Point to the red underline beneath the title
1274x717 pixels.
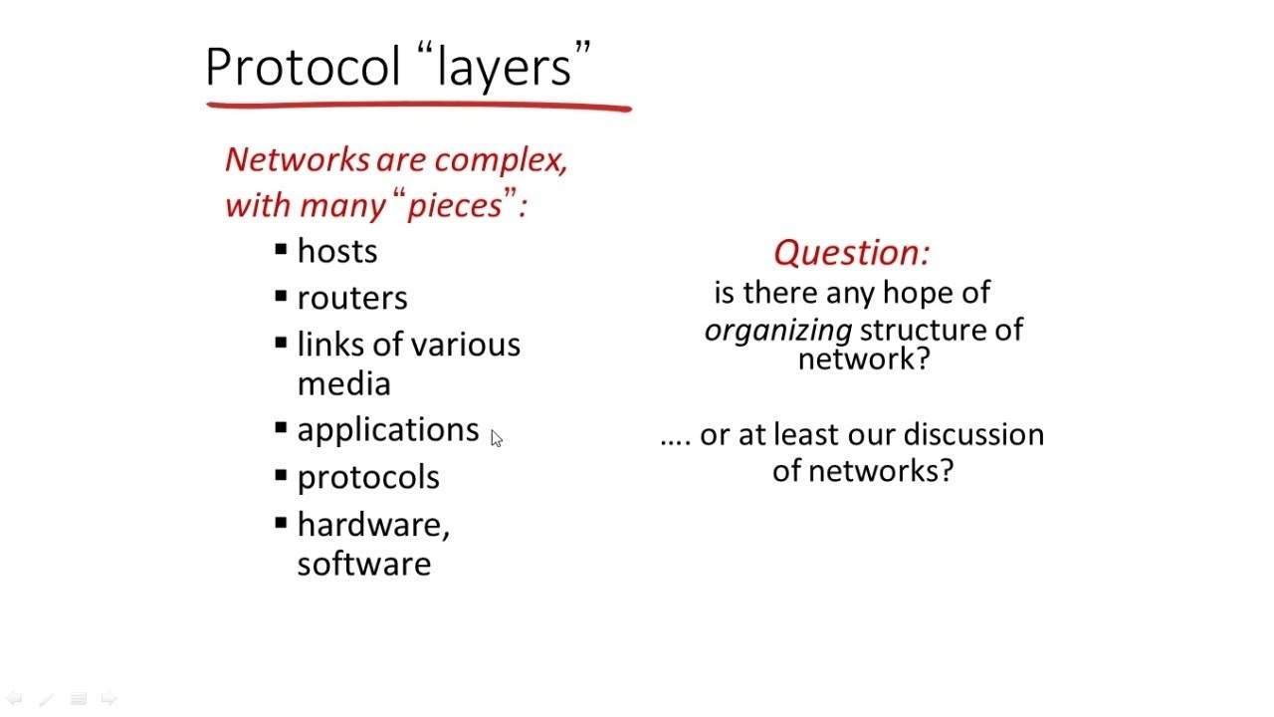click(x=418, y=104)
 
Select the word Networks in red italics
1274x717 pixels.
click(x=297, y=159)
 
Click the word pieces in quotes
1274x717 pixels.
click(x=455, y=205)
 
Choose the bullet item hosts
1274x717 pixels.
click(x=337, y=251)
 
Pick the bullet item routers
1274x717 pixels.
click(x=352, y=298)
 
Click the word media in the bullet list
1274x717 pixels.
click(x=343, y=383)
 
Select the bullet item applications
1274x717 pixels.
click(x=388, y=429)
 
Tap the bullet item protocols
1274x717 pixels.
click(x=368, y=477)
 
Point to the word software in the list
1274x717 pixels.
click(x=364, y=564)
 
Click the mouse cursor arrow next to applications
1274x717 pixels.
click(x=496, y=438)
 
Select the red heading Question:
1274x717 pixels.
click(x=851, y=253)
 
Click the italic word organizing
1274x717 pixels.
click(x=778, y=331)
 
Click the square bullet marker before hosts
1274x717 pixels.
click(x=281, y=248)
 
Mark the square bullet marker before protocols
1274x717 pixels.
click(x=281, y=474)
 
